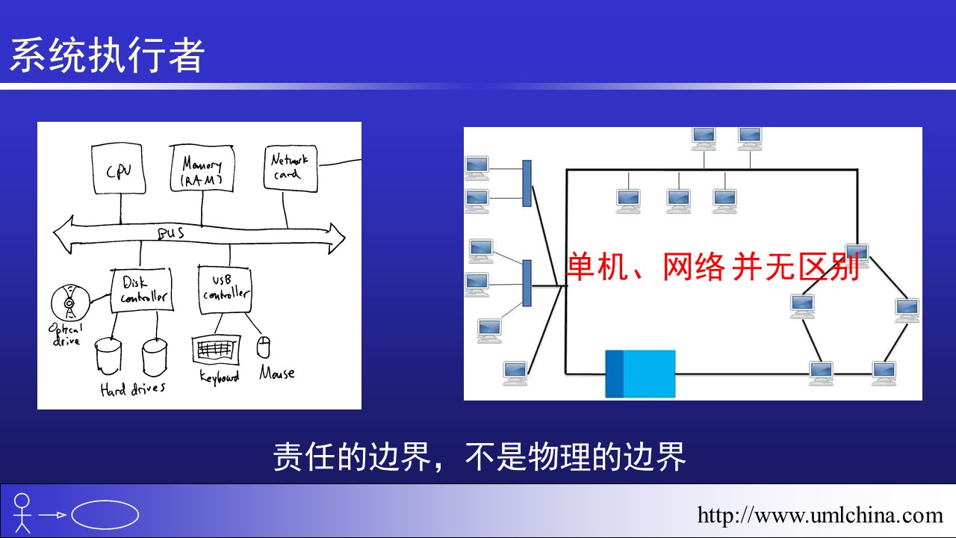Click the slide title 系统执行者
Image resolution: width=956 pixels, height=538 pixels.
click(x=107, y=55)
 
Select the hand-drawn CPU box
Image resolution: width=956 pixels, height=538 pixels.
click(x=118, y=169)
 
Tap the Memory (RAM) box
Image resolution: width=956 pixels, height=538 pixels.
click(x=202, y=168)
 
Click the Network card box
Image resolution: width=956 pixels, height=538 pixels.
click(x=291, y=168)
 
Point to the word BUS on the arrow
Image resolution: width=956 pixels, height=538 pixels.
click(x=171, y=234)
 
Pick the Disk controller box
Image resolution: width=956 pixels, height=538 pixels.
click(x=142, y=290)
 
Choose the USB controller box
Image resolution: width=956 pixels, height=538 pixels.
click(x=225, y=289)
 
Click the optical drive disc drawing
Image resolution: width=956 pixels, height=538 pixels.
click(x=70, y=303)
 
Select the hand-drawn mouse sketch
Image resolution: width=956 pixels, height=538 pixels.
click(x=264, y=347)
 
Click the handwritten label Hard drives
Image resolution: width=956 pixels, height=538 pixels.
click(x=133, y=389)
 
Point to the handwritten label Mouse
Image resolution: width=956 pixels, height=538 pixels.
click(x=277, y=373)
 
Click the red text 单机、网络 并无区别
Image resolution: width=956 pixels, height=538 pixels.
click(x=713, y=267)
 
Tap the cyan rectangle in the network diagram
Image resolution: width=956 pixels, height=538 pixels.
click(x=640, y=374)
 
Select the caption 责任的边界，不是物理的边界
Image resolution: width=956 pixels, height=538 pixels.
click(x=479, y=457)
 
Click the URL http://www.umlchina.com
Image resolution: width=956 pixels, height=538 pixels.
click(x=820, y=515)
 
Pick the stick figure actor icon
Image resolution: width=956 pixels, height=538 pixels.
click(x=22, y=513)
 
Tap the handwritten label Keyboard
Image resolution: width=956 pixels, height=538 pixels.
click(x=220, y=377)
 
